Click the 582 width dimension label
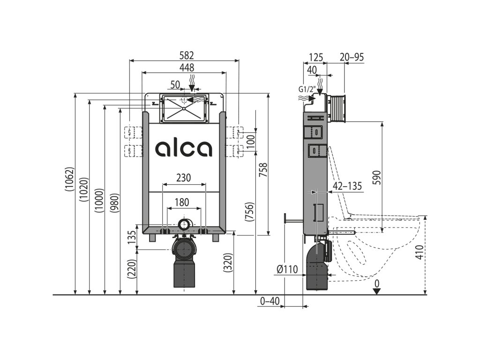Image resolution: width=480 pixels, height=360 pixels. tap(184, 56)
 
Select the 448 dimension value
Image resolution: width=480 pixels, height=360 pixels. tap(184, 68)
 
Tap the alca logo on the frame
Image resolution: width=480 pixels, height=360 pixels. tap(184, 148)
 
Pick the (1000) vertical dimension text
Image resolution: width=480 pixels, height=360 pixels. tap(99, 200)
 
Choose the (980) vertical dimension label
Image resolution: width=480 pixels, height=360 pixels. tap(114, 203)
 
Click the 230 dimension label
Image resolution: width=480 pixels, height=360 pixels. tap(183, 178)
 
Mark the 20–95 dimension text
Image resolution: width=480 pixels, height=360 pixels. tap(352, 57)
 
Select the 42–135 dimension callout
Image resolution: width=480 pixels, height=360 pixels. tap(347, 186)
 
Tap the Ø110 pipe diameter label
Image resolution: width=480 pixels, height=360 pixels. tap(287, 269)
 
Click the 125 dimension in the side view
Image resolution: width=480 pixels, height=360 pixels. tap(316, 57)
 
